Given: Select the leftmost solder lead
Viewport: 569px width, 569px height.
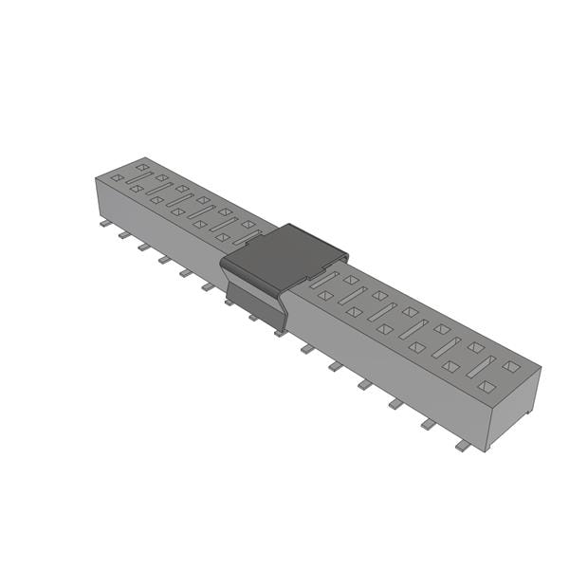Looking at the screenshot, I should (x=103, y=225).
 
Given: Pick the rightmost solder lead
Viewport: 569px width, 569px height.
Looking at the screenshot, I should (x=463, y=445).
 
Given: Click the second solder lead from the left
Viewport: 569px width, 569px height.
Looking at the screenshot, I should (x=123, y=235).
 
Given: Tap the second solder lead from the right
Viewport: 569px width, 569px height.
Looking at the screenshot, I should (x=429, y=424).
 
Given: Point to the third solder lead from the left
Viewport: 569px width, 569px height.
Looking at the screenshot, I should (x=144, y=247).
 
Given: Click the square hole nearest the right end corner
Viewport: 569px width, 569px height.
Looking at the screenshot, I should (x=511, y=366).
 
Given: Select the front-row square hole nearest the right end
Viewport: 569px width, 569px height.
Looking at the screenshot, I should (x=486, y=386).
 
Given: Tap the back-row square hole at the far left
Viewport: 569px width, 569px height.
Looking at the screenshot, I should (x=141, y=168).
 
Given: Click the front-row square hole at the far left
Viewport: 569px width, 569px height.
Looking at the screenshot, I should (x=117, y=177).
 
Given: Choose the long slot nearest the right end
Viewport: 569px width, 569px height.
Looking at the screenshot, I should (x=480, y=366).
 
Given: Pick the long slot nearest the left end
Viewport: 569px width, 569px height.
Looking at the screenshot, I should (x=138, y=177).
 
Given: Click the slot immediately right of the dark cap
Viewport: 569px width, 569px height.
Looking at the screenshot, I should (x=323, y=281).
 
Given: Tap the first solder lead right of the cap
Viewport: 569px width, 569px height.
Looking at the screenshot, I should (x=307, y=349).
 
